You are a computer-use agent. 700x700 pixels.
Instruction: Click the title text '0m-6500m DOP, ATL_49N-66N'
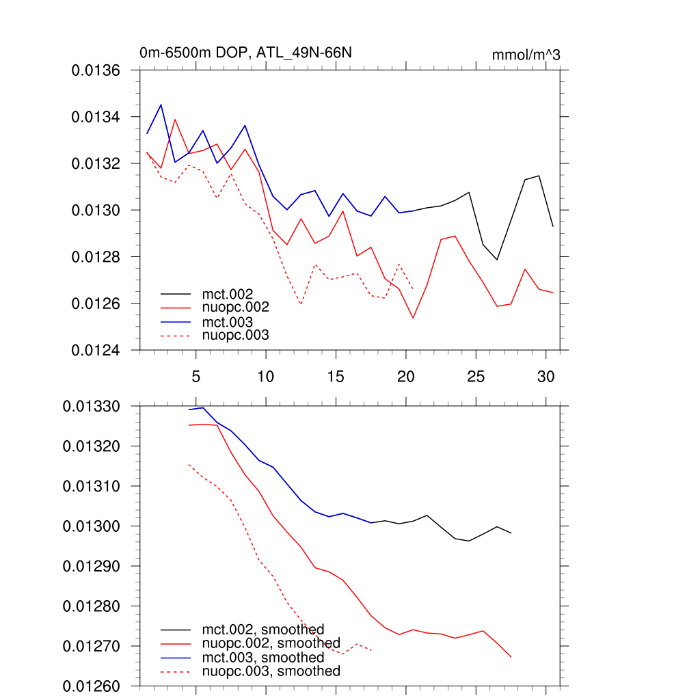(245, 53)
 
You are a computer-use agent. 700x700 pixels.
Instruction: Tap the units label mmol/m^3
(526, 55)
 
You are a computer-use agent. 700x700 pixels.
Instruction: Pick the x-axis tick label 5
(196, 376)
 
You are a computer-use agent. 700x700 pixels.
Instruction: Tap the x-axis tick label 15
(335, 376)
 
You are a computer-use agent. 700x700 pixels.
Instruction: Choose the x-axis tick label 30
(545, 376)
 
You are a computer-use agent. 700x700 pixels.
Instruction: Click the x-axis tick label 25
(475, 376)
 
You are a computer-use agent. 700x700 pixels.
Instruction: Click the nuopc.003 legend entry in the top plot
(235, 335)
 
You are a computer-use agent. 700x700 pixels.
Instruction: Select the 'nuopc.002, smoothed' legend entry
(271, 643)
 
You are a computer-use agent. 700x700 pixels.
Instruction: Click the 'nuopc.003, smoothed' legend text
(271, 671)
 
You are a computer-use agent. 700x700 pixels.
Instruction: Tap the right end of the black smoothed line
(511, 533)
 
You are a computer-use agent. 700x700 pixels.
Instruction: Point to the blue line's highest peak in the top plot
(161, 105)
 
